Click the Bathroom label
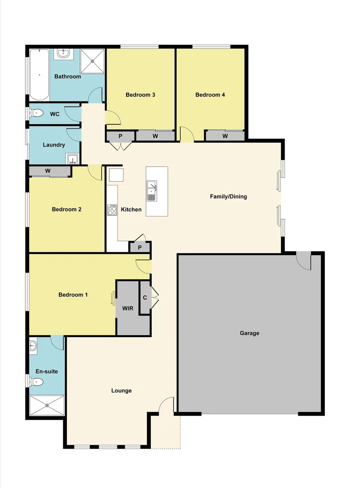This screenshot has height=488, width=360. tap(68, 76)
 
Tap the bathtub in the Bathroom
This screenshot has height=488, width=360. tap(39, 75)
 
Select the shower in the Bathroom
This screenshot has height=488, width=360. tap(92, 61)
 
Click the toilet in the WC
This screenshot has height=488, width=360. tap(37, 113)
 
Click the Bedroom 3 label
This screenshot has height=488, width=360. tap(140, 95)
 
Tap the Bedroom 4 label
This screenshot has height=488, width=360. tap(210, 95)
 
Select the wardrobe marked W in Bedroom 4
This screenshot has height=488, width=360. tap(224, 136)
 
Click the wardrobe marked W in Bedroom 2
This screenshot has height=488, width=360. tap(48, 171)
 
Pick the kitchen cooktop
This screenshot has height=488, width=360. tap(112, 210)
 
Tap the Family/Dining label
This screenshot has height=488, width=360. tap(229, 197)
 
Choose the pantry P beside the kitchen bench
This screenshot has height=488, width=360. tap(140, 247)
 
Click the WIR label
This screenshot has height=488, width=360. tap(128, 308)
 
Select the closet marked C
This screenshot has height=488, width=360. tap(145, 297)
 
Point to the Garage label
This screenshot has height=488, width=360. tap(249, 333)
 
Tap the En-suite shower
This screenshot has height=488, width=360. tap(47, 406)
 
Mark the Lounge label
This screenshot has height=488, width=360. tap(122, 390)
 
